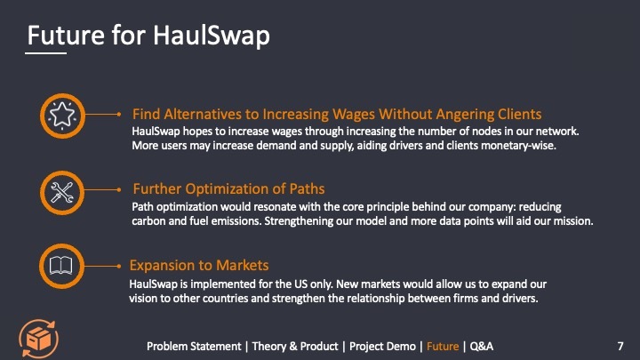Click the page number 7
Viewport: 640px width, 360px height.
tap(620, 344)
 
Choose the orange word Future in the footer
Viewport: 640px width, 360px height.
tap(443, 345)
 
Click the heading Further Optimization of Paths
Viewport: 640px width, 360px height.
tap(228, 188)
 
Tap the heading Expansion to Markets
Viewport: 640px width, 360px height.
tap(199, 265)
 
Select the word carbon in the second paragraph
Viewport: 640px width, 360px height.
tap(149, 220)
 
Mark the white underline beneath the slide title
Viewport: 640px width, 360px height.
tap(45, 53)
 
